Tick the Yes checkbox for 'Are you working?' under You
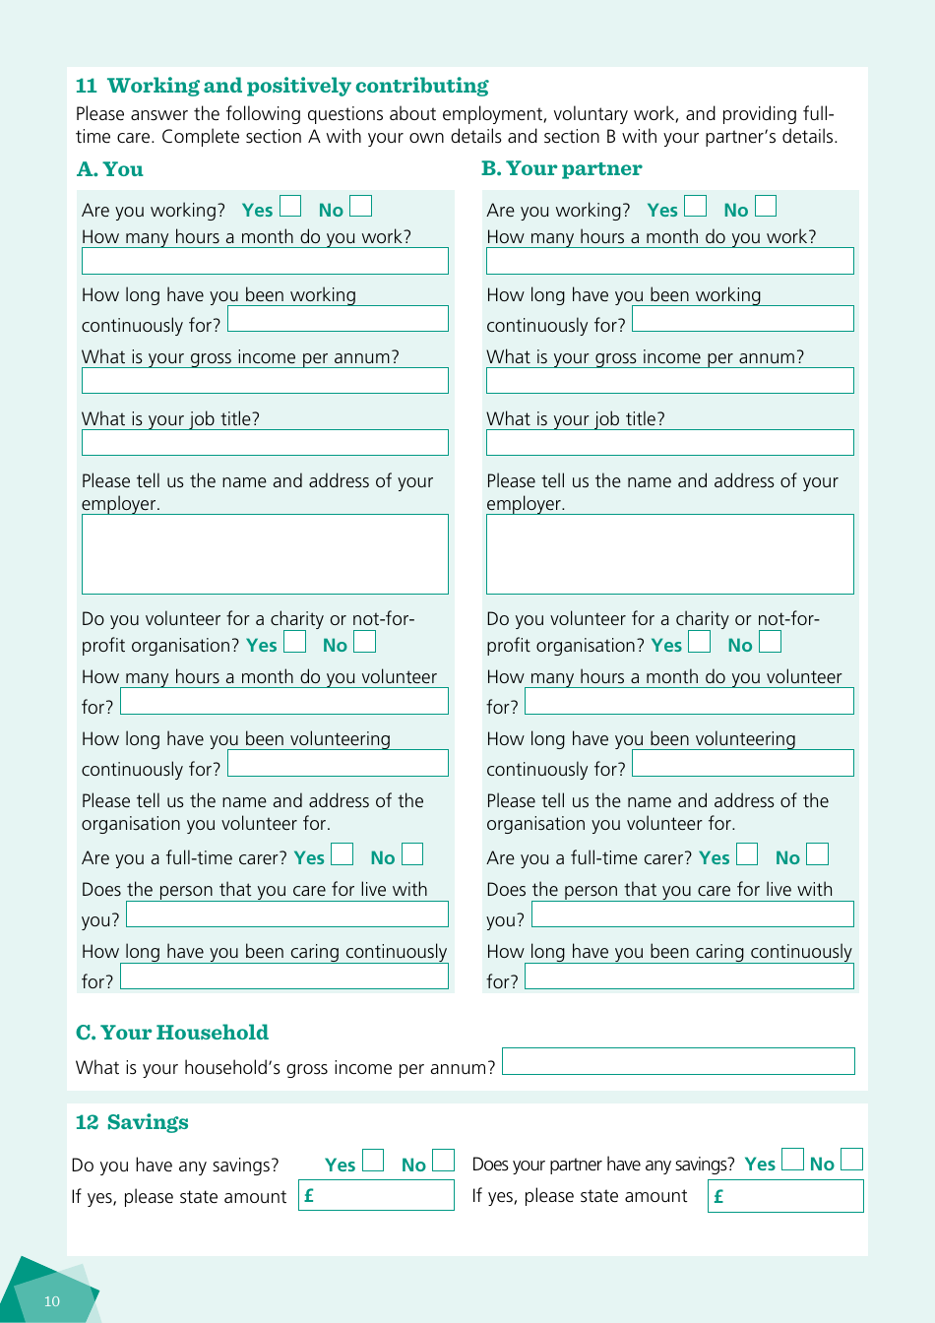pos(290,206)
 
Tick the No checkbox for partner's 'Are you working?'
pos(766,206)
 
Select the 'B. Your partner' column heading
pos(561,168)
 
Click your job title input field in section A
pos(265,442)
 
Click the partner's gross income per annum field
pos(669,381)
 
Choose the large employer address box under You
pos(265,554)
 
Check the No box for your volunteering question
pos(364,642)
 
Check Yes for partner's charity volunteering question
pos(699,642)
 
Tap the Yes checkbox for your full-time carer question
pos(342,854)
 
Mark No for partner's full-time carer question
pos(817,854)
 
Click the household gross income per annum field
pos(678,1061)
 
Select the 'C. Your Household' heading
pos(172,1033)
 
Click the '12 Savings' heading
pos(132,1122)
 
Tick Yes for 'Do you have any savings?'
pos(372,1161)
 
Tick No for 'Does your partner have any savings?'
pos(851,1160)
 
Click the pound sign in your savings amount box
pos(309,1196)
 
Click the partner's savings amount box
pos(785,1196)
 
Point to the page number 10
pos(52,1301)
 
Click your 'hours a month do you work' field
pos(265,261)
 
